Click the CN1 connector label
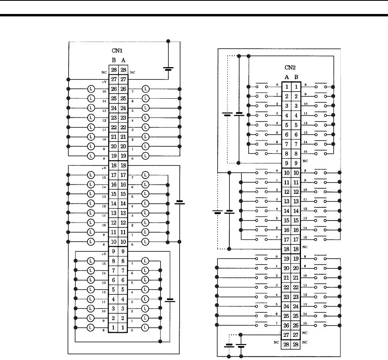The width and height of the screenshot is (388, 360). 118,52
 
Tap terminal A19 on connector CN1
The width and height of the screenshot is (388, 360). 123,155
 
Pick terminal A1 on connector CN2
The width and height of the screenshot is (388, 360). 287,87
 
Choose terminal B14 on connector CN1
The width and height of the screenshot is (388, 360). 114,203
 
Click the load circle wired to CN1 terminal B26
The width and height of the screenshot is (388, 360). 91,89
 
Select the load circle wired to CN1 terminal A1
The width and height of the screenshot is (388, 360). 145,327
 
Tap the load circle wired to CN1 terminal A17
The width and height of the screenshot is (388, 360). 145,175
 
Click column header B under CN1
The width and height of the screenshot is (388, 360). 114,60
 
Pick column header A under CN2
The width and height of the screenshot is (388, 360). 287,77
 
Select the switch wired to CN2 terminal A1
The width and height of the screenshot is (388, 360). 261,86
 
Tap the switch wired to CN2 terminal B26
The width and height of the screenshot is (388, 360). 321,324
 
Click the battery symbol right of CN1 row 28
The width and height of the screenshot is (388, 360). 168,68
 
